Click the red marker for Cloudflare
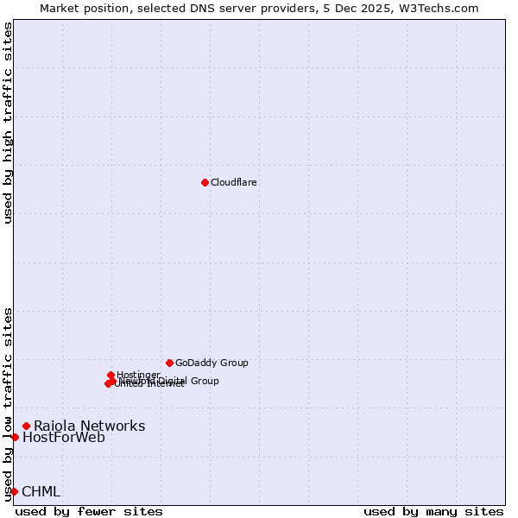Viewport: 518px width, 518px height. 205,182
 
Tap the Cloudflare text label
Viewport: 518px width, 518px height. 234,182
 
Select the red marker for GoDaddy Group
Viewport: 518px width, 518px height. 169,363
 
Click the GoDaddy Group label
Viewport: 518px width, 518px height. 212,363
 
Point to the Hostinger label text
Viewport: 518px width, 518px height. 139,374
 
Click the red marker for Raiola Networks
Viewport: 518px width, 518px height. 27,426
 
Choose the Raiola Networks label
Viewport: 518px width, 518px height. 89,426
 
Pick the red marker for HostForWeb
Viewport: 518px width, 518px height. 15,437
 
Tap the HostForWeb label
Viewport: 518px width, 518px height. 64,438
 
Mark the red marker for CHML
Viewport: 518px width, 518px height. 14,491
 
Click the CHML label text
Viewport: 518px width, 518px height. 41,492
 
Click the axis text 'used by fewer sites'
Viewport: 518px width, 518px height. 89,511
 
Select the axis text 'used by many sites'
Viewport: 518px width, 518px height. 433,511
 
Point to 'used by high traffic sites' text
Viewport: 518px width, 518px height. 8,123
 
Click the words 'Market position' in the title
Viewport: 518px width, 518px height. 77,8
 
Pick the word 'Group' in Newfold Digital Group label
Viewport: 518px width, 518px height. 204,381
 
